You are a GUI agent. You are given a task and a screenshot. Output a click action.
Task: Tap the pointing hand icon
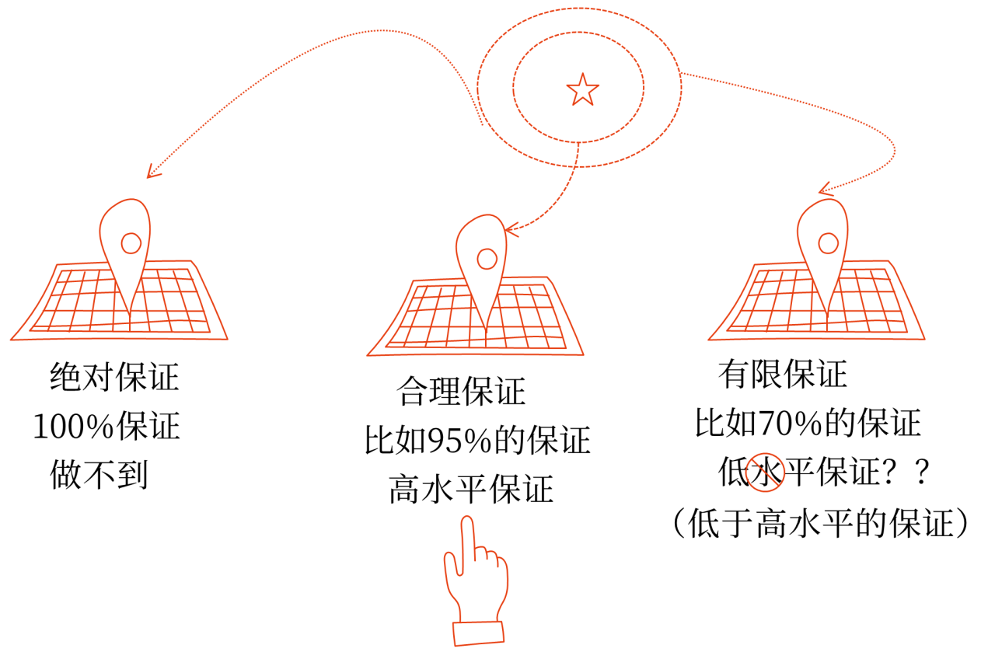(x=475, y=583)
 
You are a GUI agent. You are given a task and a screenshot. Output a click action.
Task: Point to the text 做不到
(x=99, y=474)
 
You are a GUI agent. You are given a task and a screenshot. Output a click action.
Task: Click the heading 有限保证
(x=782, y=375)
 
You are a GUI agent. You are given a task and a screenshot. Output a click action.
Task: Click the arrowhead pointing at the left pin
(x=152, y=172)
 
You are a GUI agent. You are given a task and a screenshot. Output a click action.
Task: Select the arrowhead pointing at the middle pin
(x=509, y=229)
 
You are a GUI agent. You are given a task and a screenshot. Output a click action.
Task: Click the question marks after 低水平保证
(x=909, y=472)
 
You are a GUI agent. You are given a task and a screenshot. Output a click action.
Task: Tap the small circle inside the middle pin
(x=487, y=259)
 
